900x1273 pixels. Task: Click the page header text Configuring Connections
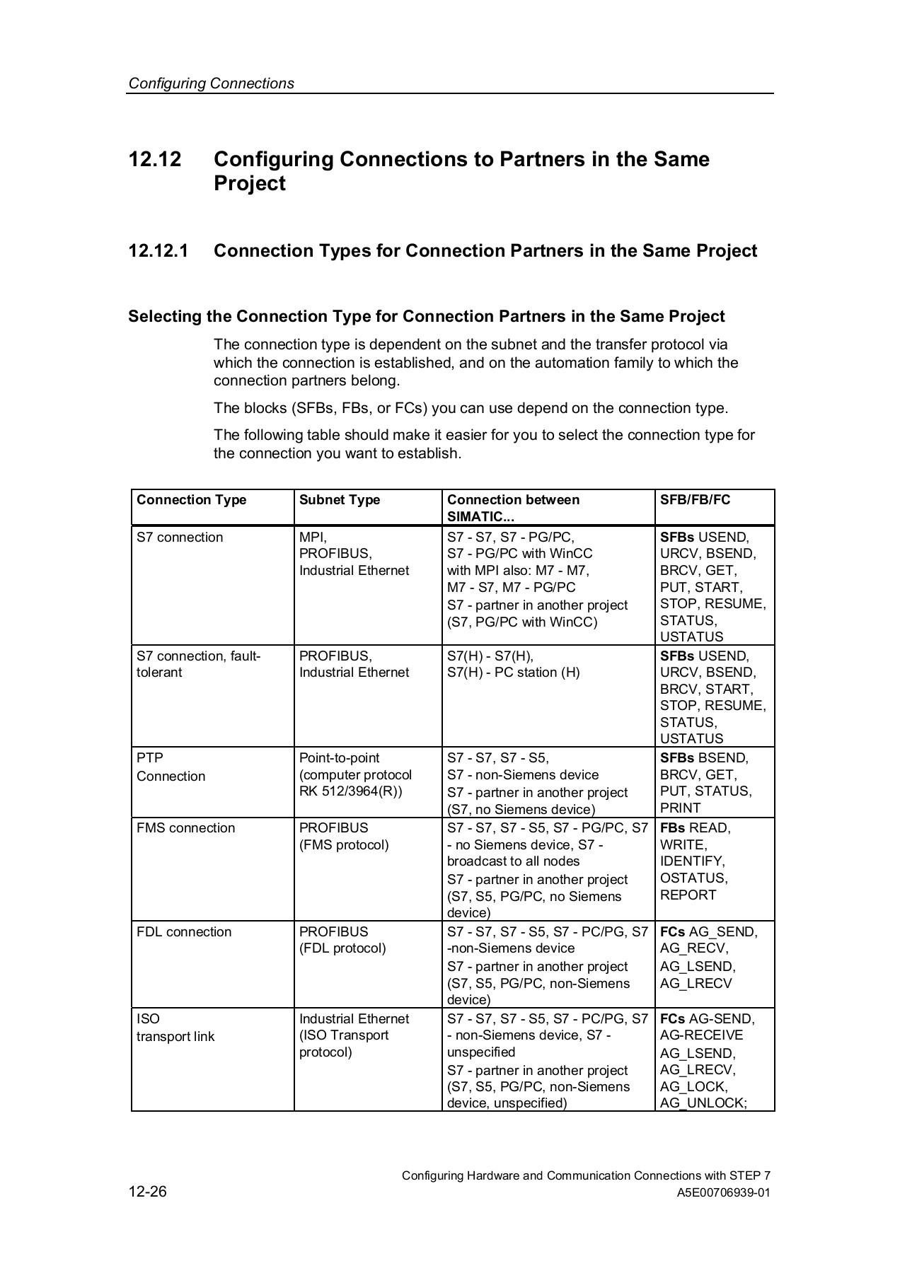click(x=211, y=83)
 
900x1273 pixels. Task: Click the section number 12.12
click(x=155, y=159)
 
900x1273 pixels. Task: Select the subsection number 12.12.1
click(x=158, y=251)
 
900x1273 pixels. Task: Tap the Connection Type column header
click(x=191, y=500)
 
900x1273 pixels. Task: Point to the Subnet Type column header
click(x=340, y=500)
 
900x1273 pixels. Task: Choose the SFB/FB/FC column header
click(x=695, y=500)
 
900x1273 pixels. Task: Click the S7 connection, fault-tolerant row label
click(x=198, y=664)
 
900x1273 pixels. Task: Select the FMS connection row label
click(x=185, y=828)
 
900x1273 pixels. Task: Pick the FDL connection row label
click(x=184, y=932)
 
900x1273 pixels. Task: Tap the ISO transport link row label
click(x=175, y=1028)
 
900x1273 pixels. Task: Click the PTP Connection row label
click(x=171, y=767)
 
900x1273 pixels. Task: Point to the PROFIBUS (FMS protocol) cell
click(x=344, y=837)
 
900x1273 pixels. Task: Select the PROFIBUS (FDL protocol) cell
click(x=342, y=940)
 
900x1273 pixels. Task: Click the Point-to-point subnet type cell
click(x=355, y=774)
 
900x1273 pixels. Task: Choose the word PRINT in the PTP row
click(x=680, y=808)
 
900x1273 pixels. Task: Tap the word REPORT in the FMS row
click(x=688, y=895)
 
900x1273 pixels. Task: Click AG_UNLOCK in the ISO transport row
click(x=703, y=1103)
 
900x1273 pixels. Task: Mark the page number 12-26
click(x=147, y=1192)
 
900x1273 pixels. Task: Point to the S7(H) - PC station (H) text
click(x=513, y=673)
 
